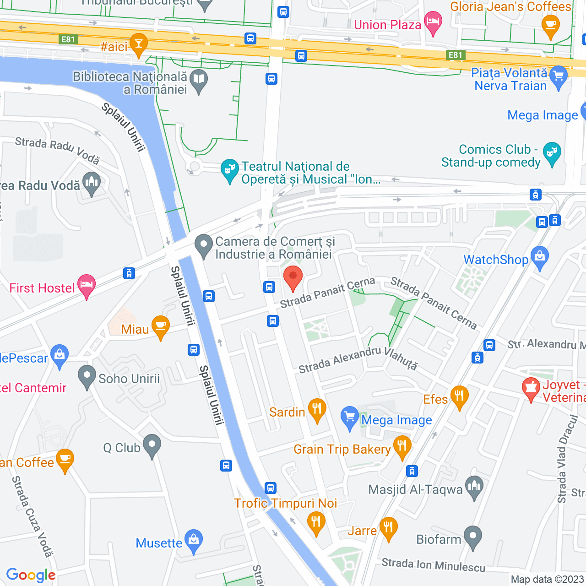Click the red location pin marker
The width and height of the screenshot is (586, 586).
coord(293,277)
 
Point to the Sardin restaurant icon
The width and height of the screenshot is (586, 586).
coord(317,409)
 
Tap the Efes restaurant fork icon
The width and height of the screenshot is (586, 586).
coord(459,396)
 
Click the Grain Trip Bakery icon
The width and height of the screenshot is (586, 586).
coord(402,447)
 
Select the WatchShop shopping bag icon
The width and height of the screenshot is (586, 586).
coord(540,258)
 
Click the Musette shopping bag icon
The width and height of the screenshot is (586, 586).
coord(194,541)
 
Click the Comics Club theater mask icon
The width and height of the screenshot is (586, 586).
coord(552,153)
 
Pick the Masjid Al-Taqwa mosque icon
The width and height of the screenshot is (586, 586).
coord(474,487)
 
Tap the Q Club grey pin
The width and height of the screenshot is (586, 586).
coord(152,445)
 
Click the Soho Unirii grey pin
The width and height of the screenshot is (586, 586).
coord(87,376)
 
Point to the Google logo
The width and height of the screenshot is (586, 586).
coord(31,575)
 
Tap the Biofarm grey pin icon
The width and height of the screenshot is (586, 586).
coord(473,537)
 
